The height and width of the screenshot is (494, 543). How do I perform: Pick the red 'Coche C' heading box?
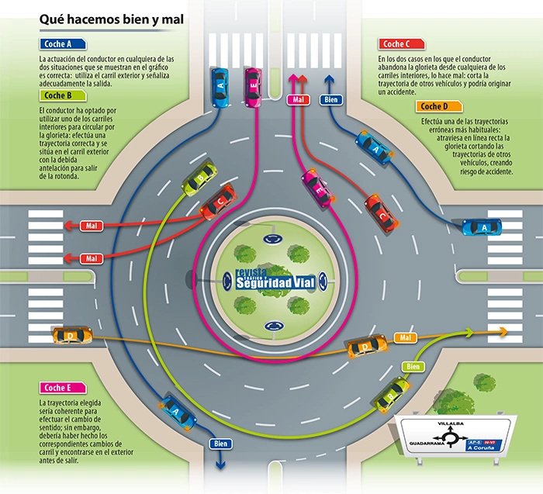pyautogui.click(x=401, y=45)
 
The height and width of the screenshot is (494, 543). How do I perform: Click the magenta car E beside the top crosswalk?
pyautogui.click(x=253, y=87)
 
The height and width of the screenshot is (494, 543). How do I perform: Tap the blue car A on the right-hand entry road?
pyautogui.click(x=482, y=226)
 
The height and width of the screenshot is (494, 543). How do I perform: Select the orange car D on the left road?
pyautogui.click(x=72, y=335)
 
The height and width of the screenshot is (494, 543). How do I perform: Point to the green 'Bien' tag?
pyautogui.click(x=413, y=365)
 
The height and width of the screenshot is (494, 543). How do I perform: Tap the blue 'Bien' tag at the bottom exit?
pyautogui.click(x=220, y=443)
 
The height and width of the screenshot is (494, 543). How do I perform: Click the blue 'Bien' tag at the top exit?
pyautogui.click(x=332, y=99)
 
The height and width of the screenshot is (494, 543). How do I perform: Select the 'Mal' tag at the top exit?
pyautogui.click(x=299, y=99)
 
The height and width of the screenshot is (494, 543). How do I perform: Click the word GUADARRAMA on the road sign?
pyautogui.click(x=425, y=443)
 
